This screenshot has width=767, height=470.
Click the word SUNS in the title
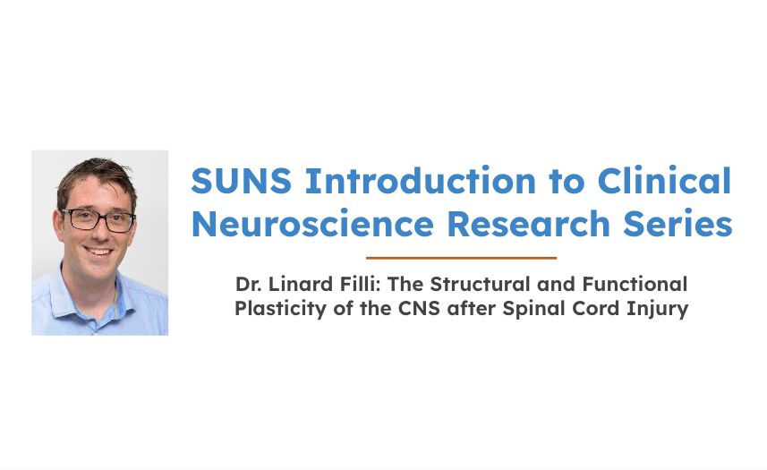241,181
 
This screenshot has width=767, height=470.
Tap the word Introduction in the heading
420,181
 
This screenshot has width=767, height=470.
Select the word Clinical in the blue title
664,180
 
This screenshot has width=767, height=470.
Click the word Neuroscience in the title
312,224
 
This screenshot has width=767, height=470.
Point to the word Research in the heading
528,224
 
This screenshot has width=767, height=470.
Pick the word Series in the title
678,224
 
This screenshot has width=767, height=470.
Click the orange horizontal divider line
461,258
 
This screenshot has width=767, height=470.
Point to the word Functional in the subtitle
635,284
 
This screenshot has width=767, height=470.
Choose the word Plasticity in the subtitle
280,309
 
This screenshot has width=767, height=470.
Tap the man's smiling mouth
98,252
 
